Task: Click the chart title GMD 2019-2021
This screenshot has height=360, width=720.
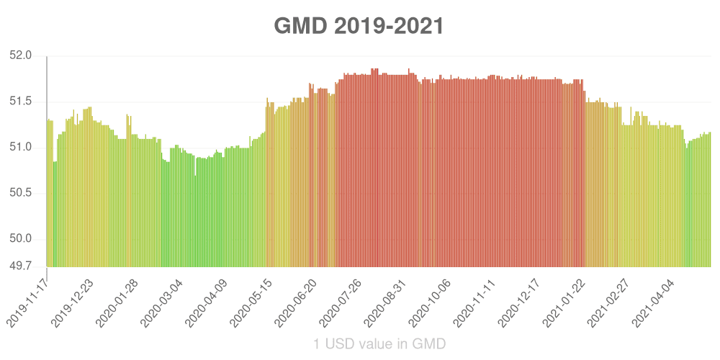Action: tap(359, 26)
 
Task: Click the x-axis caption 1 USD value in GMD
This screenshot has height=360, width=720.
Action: tap(379, 344)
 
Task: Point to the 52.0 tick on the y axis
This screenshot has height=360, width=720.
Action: tap(22, 55)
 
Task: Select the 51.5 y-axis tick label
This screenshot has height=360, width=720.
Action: tap(22, 102)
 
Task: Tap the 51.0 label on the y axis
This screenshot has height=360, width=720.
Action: tap(22, 147)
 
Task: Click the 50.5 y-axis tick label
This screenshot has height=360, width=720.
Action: tap(22, 193)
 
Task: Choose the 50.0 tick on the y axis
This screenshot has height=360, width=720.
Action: tap(22, 238)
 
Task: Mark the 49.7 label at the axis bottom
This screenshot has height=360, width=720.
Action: tap(22, 266)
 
